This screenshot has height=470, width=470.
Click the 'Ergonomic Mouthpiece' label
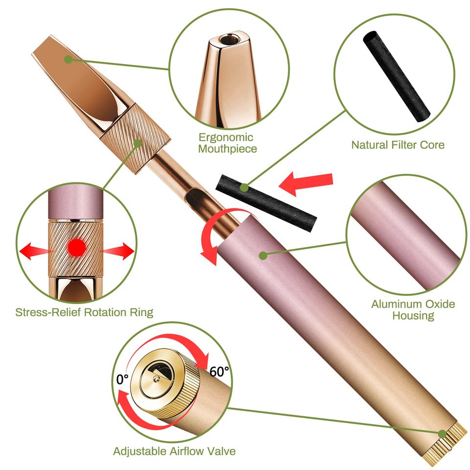(227, 143)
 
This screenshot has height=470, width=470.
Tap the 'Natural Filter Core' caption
(398, 145)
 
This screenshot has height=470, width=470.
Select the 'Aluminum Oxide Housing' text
(413, 310)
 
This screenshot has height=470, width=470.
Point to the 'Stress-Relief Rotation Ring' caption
(84, 312)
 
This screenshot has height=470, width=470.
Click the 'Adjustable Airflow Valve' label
(174, 451)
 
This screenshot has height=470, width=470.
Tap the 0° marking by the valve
(122, 379)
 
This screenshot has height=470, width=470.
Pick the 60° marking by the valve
(219, 372)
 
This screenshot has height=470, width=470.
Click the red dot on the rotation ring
(77, 248)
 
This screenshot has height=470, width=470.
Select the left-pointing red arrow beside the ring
(35, 251)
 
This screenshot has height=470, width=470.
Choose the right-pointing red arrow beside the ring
(117, 251)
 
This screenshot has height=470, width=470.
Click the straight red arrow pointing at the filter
(305, 183)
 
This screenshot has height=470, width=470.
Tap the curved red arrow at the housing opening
(210, 234)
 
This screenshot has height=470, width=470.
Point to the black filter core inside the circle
(396, 76)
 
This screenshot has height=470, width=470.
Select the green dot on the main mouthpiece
(69, 59)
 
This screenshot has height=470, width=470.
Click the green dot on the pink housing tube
(263, 256)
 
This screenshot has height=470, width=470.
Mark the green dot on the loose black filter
(245, 188)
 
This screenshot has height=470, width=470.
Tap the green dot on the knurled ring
(138, 143)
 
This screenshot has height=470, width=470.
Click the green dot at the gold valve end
(442, 434)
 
